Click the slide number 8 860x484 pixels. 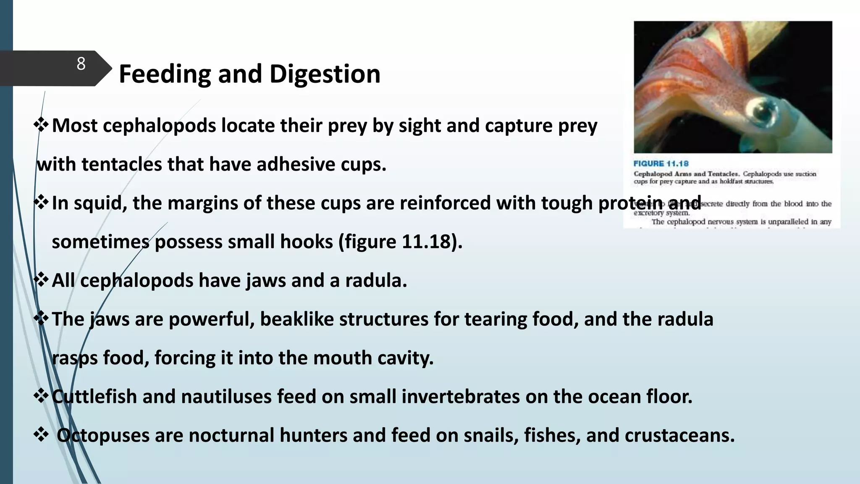point(81,64)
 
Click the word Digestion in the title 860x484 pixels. point(325,74)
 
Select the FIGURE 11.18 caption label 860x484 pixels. point(661,164)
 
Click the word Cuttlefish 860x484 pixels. point(94,397)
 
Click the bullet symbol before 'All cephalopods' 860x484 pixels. point(41,280)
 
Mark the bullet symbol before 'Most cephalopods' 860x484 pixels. point(41,125)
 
